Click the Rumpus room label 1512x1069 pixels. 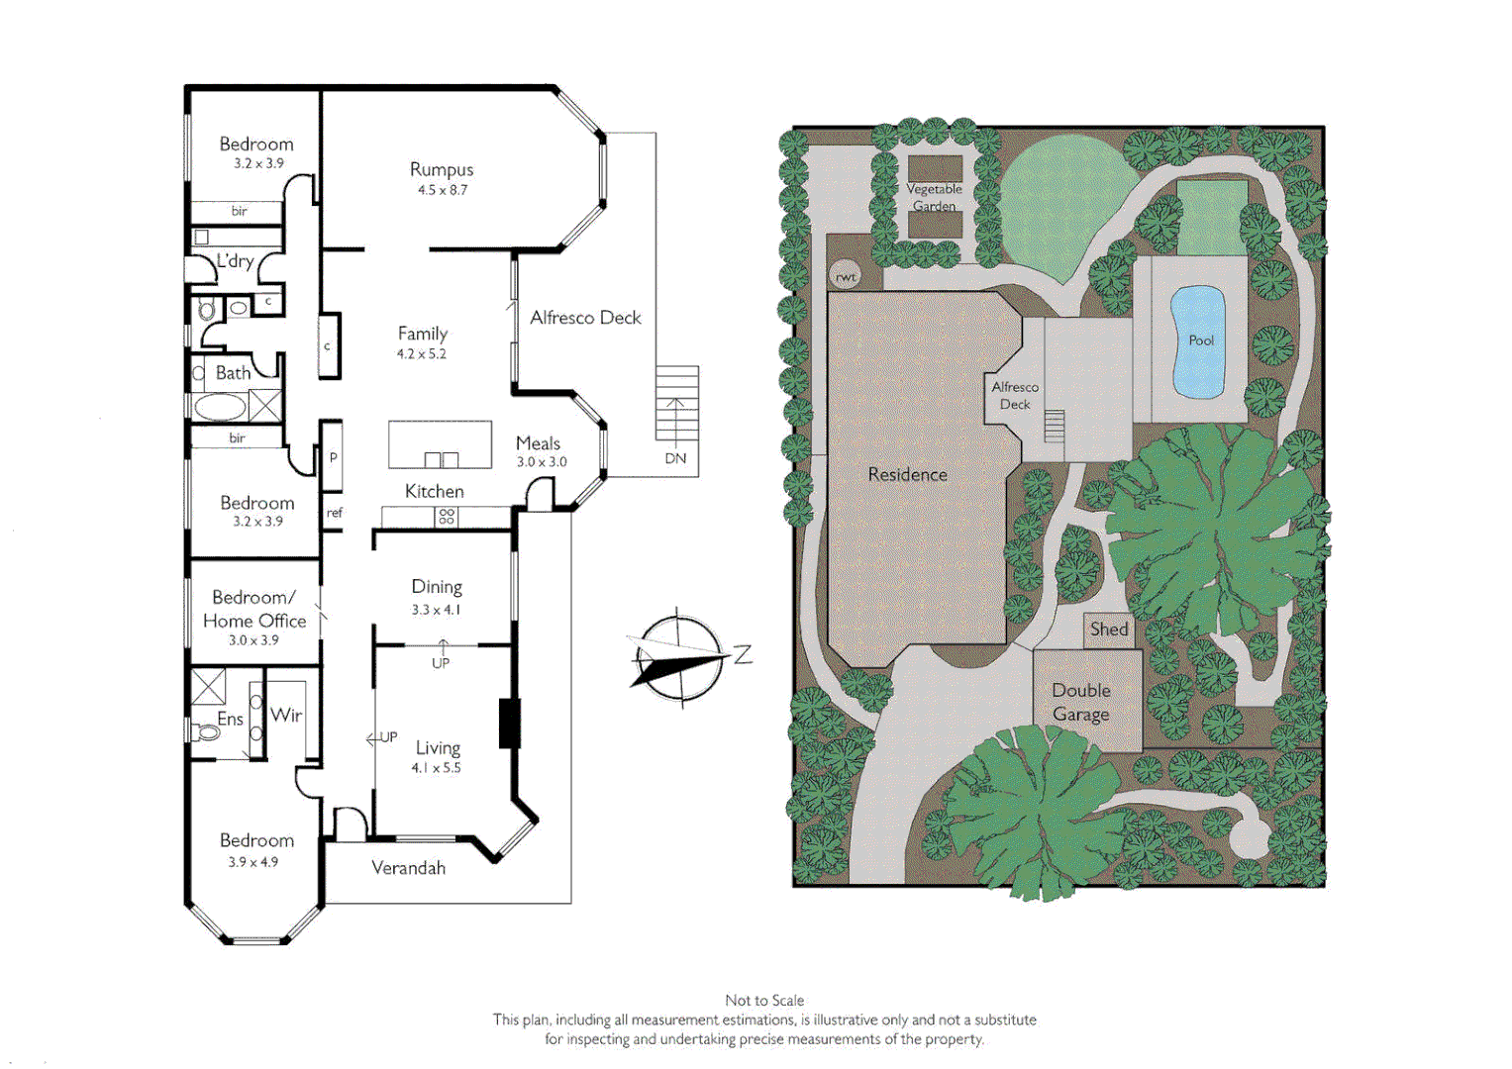tap(442, 170)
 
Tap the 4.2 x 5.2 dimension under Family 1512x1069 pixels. tap(422, 354)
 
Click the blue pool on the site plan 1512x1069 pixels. tap(1198, 341)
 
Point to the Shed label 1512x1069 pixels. tap(1109, 630)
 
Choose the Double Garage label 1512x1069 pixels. tap(1080, 703)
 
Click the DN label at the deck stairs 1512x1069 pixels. tap(675, 459)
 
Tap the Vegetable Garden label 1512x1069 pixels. tap(934, 197)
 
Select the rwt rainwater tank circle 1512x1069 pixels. tap(845, 277)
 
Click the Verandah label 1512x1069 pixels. tap(408, 868)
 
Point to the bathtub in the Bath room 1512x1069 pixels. tap(219, 406)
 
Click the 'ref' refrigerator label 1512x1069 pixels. tap(334, 513)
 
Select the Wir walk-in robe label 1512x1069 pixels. tap(286, 715)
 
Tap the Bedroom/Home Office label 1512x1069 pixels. tap(254, 610)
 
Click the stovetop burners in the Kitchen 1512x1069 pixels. tap(447, 517)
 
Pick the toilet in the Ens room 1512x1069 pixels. tap(207, 733)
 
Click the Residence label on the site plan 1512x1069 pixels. tap(907, 475)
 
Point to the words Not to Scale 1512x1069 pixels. tap(764, 1001)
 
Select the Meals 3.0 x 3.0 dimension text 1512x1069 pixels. tap(542, 462)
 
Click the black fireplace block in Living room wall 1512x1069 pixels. tap(509, 724)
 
